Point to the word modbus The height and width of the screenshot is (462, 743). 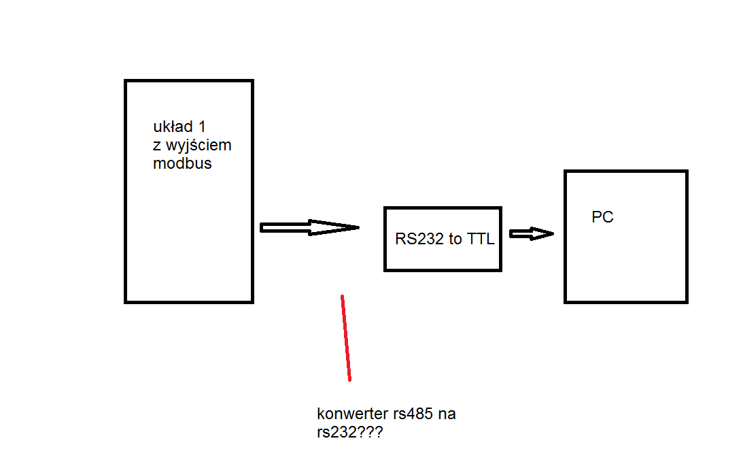pyautogui.click(x=182, y=163)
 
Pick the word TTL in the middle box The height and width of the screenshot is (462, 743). pyautogui.click(x=480, y=240)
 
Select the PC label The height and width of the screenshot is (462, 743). pyautogui.click(x=602, y=218)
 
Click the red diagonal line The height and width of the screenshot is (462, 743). pyautogui.click(x=346, y=338)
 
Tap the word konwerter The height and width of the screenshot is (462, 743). pyautogui.click(x=353, y=414)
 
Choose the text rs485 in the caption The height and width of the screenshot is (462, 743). pyautogui.click(x=414, y=414)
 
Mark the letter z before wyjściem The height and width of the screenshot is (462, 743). pyautogui.click(x=157, y=146)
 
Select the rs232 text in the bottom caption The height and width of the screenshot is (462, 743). pyautogui.click(x=336, y=432)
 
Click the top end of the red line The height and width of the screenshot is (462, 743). pyautogui.click(x=342, y=297)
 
